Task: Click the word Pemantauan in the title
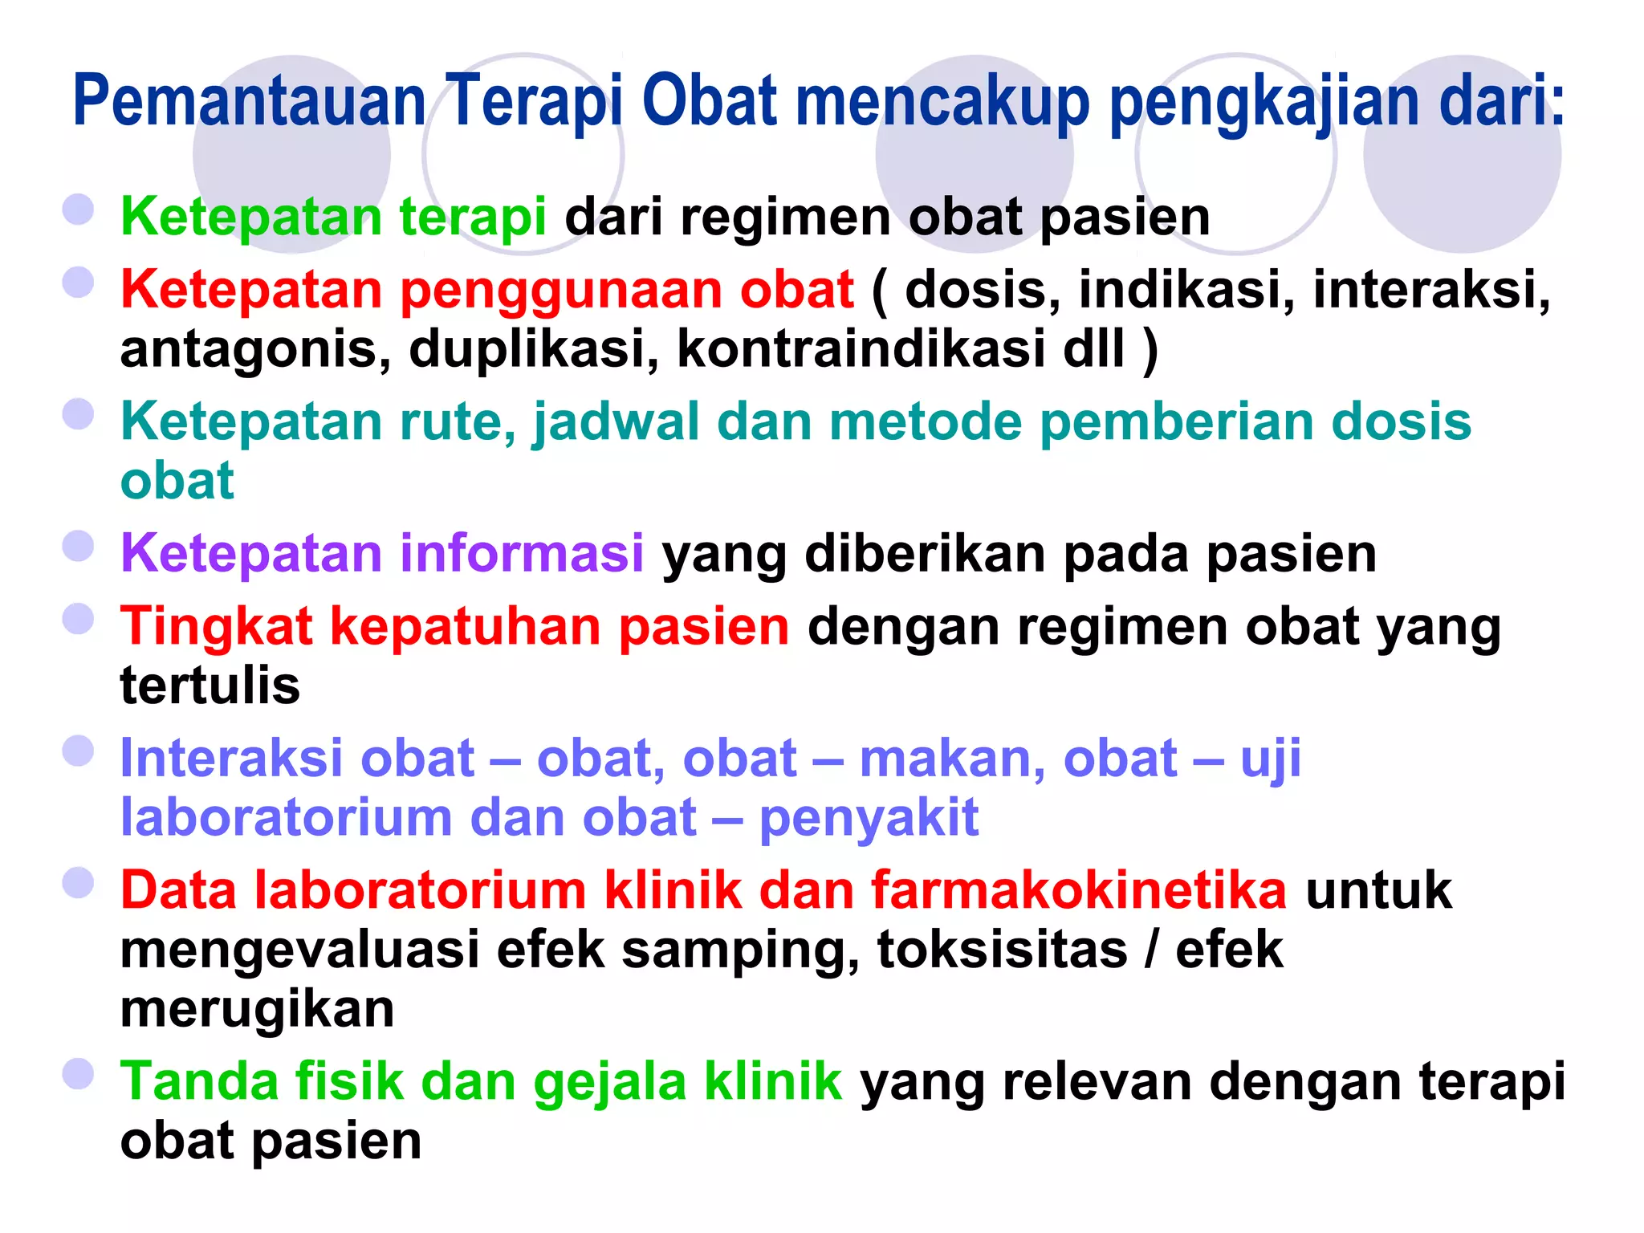(249, 102)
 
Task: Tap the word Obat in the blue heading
(710, 102)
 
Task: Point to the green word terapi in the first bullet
(473, 217)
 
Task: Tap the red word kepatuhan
(466, 626)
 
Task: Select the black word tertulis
(210, 686)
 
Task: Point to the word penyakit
(869, 817)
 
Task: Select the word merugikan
(257, 1008)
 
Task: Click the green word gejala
(610, 1080)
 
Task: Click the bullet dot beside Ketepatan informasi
(79, 547)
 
